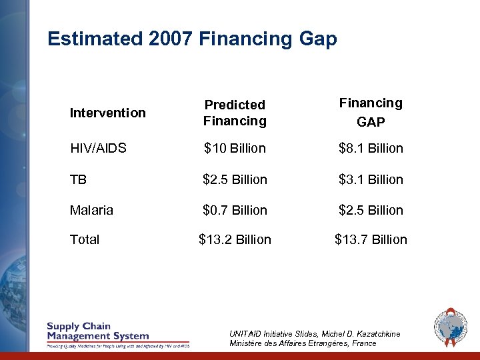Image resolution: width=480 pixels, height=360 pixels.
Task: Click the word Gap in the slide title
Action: (x=317, y=39)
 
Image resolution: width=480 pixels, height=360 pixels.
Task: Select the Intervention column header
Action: (x=107, y=113)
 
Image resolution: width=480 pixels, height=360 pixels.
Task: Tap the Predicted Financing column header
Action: (x=235, y=113)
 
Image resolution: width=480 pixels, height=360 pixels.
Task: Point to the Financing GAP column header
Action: (x=371, y=112)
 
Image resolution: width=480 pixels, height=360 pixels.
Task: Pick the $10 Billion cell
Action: (x=235, y=148)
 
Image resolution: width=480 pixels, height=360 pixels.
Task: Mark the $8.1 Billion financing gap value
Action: (x=371, y=148)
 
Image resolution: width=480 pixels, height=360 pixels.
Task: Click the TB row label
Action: (x=78, y=179)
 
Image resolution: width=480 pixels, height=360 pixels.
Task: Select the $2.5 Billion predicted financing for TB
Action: (x=235, y=179)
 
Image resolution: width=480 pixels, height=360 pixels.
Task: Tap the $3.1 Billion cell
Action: (x=371, y=179)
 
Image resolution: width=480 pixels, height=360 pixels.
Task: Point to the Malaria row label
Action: (x=91, y=210)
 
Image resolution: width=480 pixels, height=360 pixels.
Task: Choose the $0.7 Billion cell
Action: (x=235, y=210)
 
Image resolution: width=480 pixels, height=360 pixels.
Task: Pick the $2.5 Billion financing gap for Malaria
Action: (x=371, y=210)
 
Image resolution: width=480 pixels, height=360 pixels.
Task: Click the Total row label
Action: (x=85, y=239)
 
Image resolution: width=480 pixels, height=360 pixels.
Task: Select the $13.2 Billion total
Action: (x=235, y=239)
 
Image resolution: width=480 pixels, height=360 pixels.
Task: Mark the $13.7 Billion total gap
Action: (x=371, y=239)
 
